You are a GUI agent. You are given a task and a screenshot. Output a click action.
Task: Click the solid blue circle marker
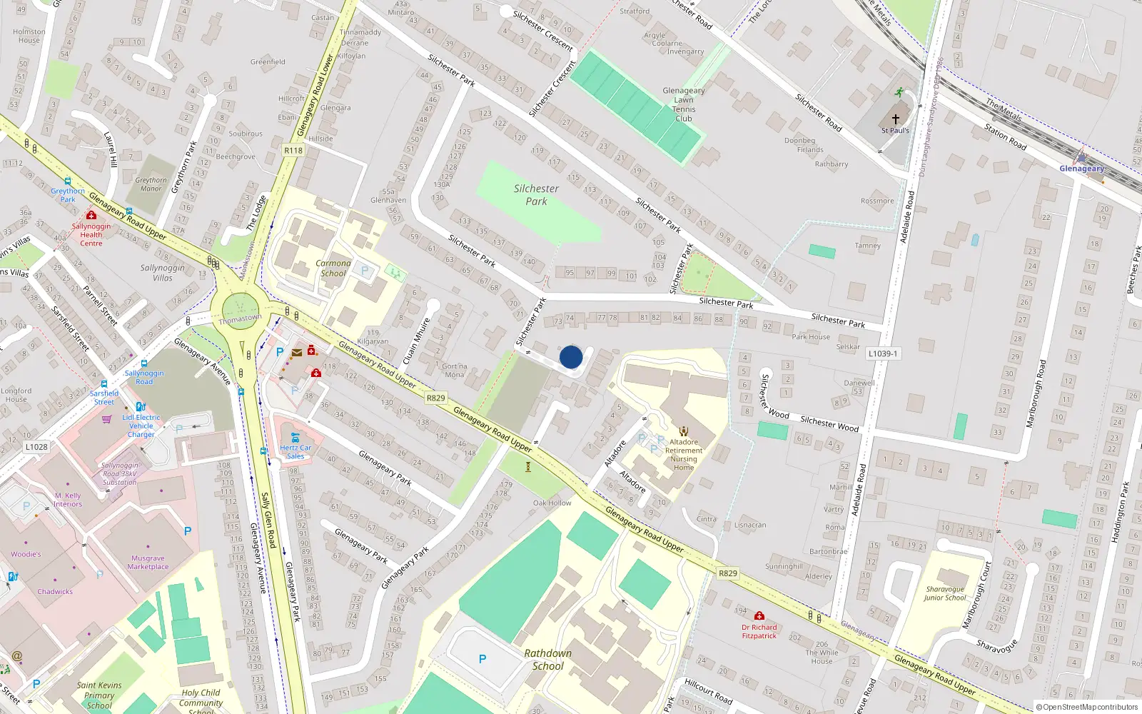tap(571, 357)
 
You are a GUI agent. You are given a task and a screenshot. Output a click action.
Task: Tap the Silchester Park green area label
tap(536, 195)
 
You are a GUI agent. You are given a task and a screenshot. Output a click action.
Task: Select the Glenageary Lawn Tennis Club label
tap(683, 104)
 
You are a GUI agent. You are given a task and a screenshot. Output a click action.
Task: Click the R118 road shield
tap(293, 150)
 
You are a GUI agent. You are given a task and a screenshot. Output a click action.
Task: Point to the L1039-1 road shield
tap(884, 353)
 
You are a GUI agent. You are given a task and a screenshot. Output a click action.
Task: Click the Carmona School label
tap(333, 268)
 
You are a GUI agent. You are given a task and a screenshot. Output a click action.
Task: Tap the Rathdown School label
tap(548, 659)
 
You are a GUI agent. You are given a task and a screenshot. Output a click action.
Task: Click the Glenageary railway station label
tap(1081, 169)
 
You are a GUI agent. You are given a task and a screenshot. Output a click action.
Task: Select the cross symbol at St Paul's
tap(896, 119)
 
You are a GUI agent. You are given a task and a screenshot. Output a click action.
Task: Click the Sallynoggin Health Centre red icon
tap(91, 214)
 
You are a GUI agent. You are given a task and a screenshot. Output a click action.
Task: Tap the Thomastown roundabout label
tap(240, 318)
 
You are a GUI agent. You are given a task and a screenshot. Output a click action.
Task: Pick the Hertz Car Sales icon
tap(295, 437)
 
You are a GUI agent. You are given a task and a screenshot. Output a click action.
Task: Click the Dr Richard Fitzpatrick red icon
tap(759, 615)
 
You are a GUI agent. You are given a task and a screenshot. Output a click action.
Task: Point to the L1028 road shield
tap(36, 447)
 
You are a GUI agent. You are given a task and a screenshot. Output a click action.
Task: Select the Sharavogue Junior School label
tap(944, 593)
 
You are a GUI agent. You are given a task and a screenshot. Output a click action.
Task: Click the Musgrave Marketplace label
tap(148, 563)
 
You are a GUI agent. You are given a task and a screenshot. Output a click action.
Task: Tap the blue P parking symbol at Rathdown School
tap(482, 659)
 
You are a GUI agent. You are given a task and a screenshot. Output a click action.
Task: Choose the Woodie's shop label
tap(26, 554)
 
